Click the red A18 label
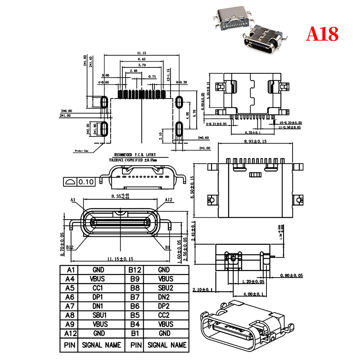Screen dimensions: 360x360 click(322, 34)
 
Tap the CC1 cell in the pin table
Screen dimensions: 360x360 click(98, 288)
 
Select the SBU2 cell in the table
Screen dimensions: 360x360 click(165, 288)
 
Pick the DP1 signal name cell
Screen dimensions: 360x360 click(98, 297)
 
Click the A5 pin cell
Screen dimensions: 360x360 click(69, 288)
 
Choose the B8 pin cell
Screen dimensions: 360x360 click(135, 288)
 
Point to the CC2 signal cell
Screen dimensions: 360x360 click(165, 315)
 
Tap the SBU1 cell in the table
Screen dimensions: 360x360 click(98, 315)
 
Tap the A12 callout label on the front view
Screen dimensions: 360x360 click(168, 200)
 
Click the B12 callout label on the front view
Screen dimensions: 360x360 click(70, 247)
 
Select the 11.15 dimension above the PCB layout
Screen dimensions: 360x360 click(141, 54)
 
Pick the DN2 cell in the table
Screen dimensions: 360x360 click(165, 297)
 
